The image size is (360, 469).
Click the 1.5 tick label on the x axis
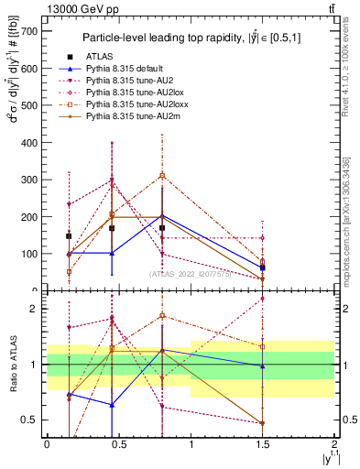pos(263,443)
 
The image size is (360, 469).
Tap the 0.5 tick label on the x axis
pos(118,443)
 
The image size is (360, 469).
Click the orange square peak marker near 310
pos(162,175)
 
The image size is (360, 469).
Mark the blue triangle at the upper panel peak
pos(162,216)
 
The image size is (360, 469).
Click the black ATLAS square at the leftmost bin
pos(69,235)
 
